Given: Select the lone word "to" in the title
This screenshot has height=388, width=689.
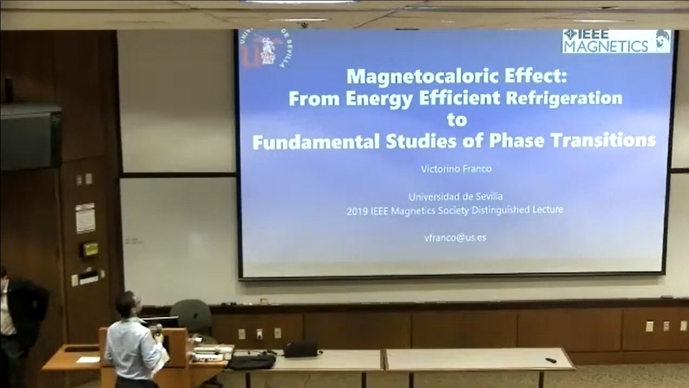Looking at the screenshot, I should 456,120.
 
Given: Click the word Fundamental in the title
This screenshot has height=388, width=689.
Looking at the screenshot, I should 316,142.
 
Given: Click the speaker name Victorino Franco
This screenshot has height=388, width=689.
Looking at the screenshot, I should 456,169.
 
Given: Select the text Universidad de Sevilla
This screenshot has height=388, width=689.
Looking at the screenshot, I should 455,197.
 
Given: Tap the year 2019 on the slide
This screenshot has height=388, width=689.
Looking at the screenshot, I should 357,211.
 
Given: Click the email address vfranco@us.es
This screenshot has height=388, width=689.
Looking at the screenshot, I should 455,237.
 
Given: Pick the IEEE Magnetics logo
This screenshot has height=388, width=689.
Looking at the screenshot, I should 616,41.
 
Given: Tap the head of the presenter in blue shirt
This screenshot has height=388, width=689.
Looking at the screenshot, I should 130,304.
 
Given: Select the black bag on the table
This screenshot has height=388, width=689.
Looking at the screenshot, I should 301,348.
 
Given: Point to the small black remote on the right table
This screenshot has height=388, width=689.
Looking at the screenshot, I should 551,360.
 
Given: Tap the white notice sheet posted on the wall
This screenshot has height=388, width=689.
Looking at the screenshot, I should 85,218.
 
